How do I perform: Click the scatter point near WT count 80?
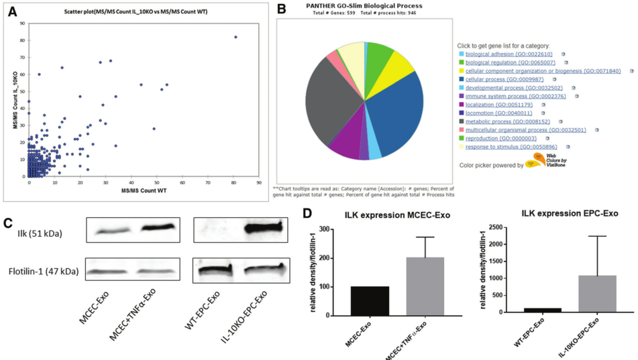tap(235, 37)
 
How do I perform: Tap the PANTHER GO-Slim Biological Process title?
tap(363, 5)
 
